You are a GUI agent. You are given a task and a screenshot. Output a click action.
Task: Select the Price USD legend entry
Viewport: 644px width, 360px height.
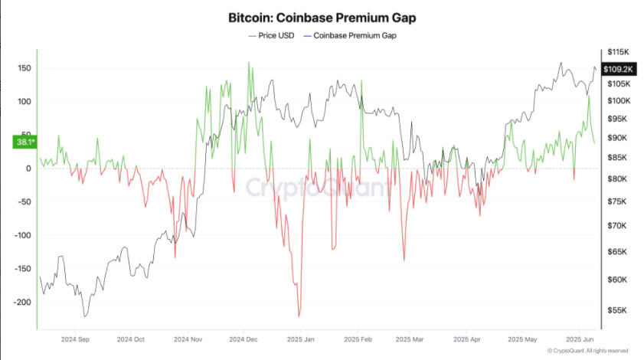pyautogui.click(x=272, y=35)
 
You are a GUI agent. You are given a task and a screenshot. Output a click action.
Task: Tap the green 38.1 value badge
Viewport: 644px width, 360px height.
pyautogui.click(x=24, y=142)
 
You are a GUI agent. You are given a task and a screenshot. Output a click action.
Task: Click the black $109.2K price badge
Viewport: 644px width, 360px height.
pyautogui.click(x=617, y=69)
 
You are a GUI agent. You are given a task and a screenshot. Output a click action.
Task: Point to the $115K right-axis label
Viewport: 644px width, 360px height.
pyautogui.click(x=617, y=51)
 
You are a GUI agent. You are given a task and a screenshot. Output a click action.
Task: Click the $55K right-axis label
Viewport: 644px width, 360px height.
pyautogui.click(x=616, y=311)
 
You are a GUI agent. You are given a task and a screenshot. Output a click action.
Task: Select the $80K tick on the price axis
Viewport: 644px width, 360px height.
pyautogui.click(x=617, y=178)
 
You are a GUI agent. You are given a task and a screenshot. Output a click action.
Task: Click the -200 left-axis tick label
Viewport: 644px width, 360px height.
pyautogui.click(x=21, y=302)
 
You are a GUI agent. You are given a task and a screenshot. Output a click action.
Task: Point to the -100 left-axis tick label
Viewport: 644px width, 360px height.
pyautogui.click(x=21, y=235)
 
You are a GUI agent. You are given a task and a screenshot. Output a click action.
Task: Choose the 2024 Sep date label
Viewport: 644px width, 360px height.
pyautogui.click(x=77, y=338)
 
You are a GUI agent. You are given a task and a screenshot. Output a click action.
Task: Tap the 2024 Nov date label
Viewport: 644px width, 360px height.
pyautogui.click(x=187, y=338)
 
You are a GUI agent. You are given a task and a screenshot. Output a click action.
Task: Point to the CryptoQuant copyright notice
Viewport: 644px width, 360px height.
pyautogui.click(x=588, y=351)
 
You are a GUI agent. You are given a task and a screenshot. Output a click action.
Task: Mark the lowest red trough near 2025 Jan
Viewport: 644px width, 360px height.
pyautogui.click(x=299, y=316)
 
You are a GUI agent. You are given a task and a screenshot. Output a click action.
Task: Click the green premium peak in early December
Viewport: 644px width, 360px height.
pyautogui.click(x=248, y=63)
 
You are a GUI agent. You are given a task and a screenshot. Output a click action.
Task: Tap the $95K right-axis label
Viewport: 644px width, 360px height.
pyautogui.click(x=617, y=119)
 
